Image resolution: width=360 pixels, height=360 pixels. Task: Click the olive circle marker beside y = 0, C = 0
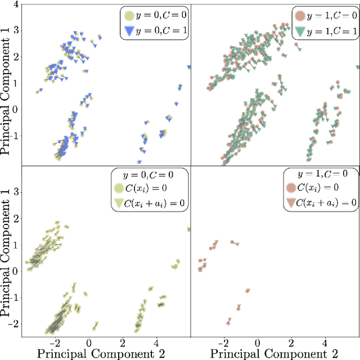[130, 16]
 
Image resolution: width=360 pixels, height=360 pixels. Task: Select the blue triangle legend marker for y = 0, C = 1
[130, 31]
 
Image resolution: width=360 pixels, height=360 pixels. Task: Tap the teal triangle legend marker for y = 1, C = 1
[299, 31]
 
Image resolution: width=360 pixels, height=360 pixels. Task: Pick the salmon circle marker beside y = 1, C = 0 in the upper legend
[299, 16]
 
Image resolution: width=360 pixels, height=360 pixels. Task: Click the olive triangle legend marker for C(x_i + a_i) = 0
[120, 202]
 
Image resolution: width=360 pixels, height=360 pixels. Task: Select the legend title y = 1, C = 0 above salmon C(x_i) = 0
[320, 174]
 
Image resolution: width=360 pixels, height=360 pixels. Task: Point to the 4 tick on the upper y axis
[15, 4]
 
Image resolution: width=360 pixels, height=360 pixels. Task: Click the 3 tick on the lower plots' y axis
[15, 192]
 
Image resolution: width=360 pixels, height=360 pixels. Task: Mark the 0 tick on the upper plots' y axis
[15, 110]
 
